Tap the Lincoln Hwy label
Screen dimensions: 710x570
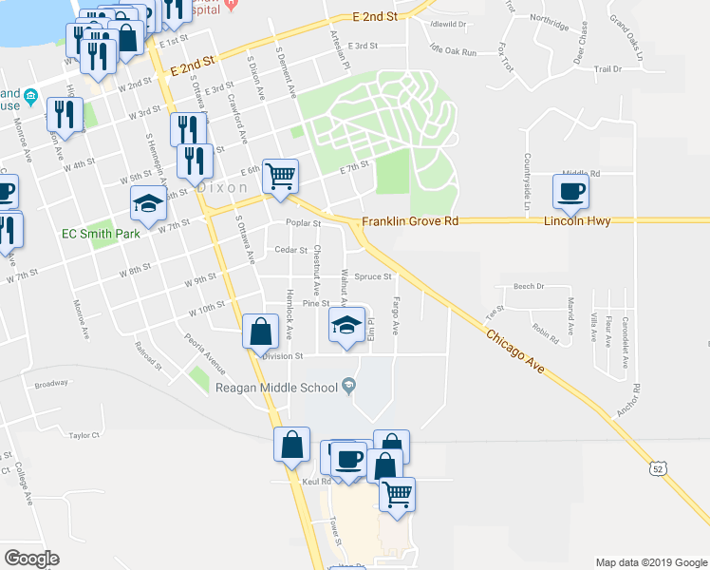[x=576, y=220]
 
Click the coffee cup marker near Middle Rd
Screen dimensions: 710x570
[x=571, y=191]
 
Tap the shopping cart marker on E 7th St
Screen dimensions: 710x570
[x=280, y=176]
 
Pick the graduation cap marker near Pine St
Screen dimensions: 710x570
[x=346, y=326]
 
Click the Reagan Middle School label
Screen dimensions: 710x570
[x=276, y=387]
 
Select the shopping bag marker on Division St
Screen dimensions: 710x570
[x=260, y=333]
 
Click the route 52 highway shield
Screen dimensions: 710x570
[x=660, y=468]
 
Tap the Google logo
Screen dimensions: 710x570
[x=31, y=559]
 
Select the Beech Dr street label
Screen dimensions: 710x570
[x=529, y=286]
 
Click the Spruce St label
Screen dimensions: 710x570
[x=373, y=277]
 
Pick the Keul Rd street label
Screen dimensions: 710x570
[x=315, y=482]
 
